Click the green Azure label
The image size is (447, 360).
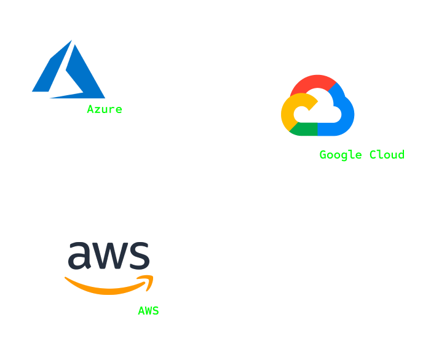click(x=105, y=109)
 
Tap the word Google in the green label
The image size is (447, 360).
click(x=341, y=155)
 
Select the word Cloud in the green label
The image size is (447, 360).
click(x=387, y=155)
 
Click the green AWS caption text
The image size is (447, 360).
click(x=148, y=311)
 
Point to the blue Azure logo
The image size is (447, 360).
click(x=68, y=69)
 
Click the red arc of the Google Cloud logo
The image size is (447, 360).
click(x=313, y=84)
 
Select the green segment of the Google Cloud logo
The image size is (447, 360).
click(x=303, y=129)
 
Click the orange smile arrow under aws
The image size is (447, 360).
click(x=109, y=285)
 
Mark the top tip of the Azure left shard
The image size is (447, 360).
click(x=71, y=40)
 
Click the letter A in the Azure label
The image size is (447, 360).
click(x=90, y=109)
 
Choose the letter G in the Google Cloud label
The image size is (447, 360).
click(x=323, y=155)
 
